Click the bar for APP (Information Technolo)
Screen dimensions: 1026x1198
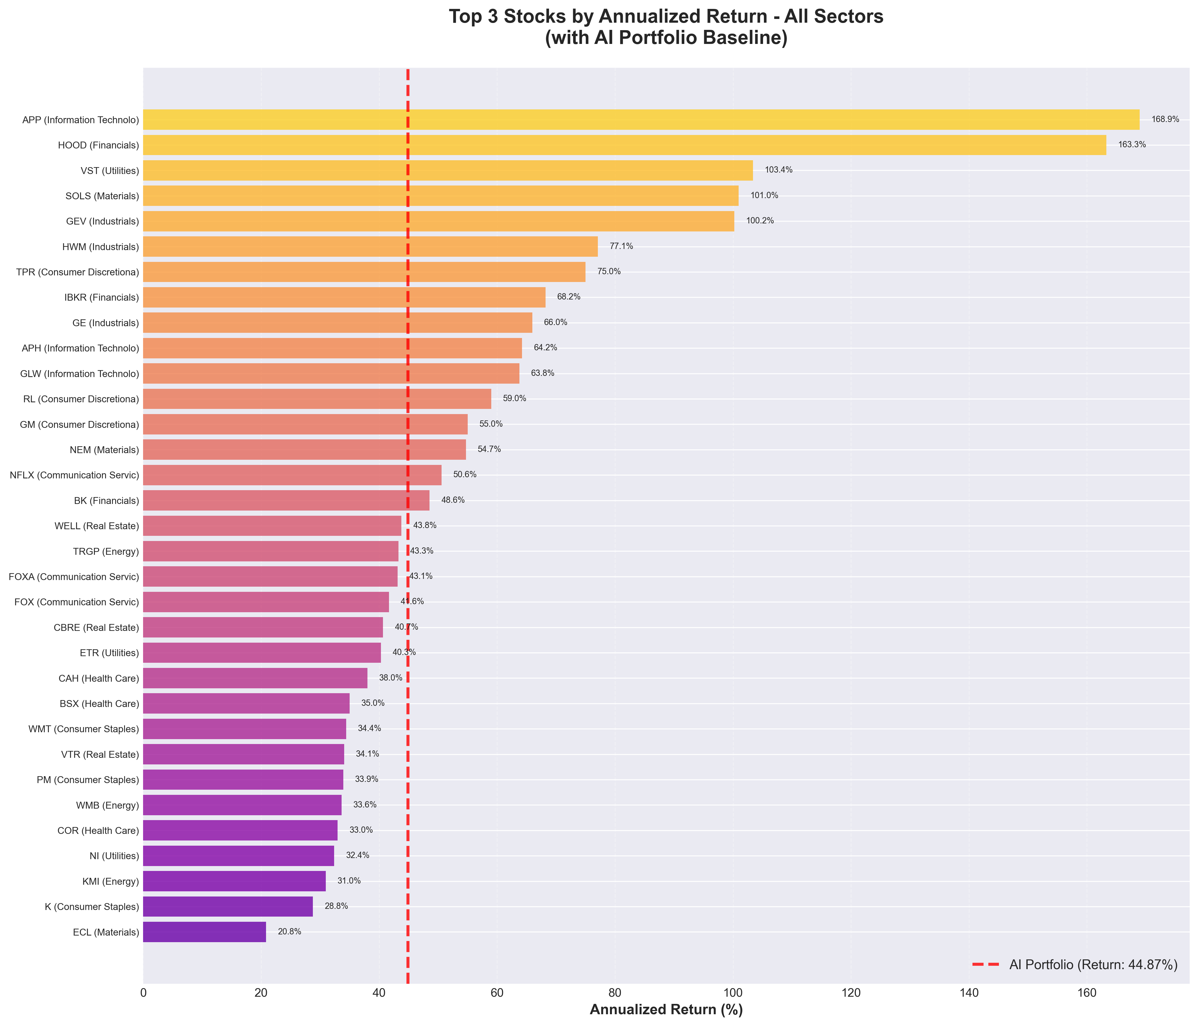coord(641,120)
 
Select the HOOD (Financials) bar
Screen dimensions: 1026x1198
coord(625,145)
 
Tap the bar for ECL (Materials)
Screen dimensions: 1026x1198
coord(205,932)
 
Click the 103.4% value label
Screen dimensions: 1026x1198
coord(778,170)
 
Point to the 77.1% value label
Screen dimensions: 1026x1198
coord(621,246)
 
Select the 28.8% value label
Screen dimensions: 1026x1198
coord(336,906)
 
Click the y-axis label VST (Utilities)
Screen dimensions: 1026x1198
coord(102,171)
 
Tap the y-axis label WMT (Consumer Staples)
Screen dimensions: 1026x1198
coord(84,729)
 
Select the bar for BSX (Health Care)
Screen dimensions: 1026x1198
coord(246,704)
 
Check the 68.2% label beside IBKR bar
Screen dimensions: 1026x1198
coord(568,297)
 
